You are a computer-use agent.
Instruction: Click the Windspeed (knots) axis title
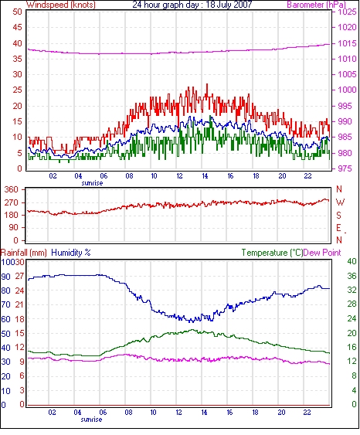pos(61,5)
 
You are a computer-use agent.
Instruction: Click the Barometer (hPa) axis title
pos(317,5)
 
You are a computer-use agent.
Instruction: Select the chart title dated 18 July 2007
pos(192,5)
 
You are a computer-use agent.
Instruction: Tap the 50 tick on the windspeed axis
pos(18,12)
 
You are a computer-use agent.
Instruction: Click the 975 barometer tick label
pos(345,168)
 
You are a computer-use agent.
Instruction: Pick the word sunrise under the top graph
pos(92,183)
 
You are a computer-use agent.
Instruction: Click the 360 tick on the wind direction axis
pos(12,190)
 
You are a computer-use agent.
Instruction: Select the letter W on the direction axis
pos(340,202)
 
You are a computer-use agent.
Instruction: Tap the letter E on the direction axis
pos(338,228)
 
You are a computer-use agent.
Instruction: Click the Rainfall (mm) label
pos(24,253)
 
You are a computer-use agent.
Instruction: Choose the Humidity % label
pos(71,253)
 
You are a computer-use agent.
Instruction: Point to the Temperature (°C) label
pos(272,253)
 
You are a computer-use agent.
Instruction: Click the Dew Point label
pos(322,253)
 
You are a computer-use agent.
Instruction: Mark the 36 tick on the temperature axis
pos(352,276)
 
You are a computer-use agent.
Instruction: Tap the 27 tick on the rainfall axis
pos(19,276)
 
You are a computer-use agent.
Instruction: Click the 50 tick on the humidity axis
pos(6,334)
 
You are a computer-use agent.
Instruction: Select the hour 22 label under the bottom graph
pos(307,413)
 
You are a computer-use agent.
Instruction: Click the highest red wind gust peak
pos(207,84)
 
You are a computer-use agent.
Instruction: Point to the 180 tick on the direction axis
pos(12,215)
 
